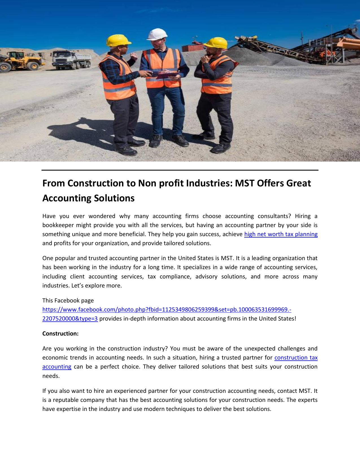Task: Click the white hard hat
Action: (157, 34)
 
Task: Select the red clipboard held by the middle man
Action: (168, 75)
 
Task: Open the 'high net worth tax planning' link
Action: (281, 234)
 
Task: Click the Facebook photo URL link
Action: (167, 310)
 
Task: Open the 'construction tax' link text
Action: (296, 358)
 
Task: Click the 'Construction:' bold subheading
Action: (60, 334)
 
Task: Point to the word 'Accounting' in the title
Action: (67, 198)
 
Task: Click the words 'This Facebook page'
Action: (68, 300)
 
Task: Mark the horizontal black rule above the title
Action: (180, 170)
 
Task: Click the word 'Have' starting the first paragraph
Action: (49, 216)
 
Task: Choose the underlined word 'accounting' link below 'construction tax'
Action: (57, 367)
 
